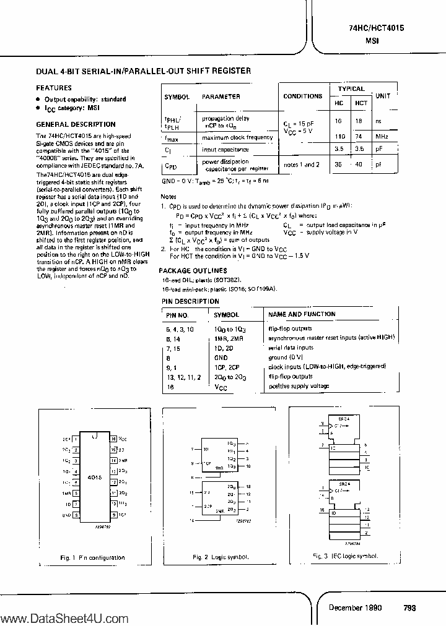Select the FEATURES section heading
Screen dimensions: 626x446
click(54, 88)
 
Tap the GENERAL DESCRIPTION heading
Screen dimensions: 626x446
click(76, 124)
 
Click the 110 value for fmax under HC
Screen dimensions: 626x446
click(339, 137)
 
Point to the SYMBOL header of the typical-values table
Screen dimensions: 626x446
click(177, 97)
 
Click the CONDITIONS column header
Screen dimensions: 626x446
click(302, 96)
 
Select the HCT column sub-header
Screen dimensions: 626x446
click(361, 103)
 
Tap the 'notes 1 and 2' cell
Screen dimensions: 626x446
click(302, 165)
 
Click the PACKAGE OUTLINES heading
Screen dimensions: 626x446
click(193, 270)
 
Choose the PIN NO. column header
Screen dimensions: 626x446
click(181, 314)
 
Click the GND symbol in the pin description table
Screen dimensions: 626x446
click(221, 358)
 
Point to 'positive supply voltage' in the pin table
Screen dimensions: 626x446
click(299, 386)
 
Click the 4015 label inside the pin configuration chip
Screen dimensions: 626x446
click(94, 478)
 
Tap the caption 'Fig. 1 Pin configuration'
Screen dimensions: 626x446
click(92, 558)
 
